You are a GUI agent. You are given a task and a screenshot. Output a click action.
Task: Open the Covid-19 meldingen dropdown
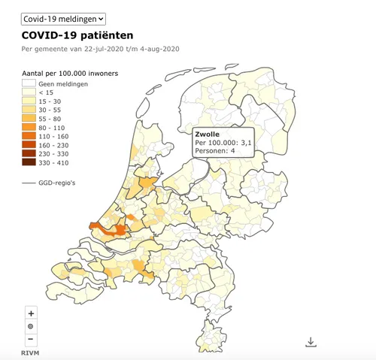[64, 17]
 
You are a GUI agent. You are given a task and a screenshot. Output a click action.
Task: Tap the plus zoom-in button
[31, 313]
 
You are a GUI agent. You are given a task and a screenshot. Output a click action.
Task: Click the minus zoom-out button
[31, 340]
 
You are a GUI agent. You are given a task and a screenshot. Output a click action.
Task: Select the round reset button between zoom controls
[31, 326]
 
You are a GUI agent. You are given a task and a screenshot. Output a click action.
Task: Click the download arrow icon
[311, 342]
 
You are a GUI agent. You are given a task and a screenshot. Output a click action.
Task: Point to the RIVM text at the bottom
[29, 353]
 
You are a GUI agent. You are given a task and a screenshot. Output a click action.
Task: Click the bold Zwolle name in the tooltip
[207, 134]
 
